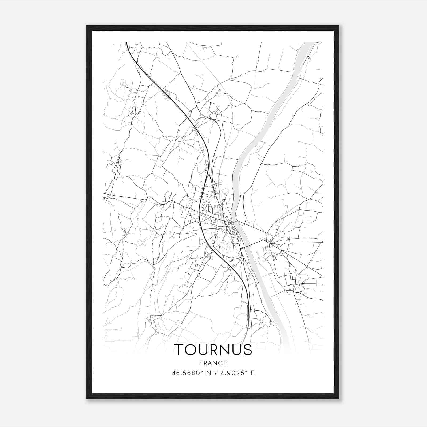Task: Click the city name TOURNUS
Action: click(213, 350)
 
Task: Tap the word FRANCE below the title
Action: click(213, 363)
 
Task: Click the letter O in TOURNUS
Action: click(191, 350)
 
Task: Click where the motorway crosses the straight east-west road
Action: click(199, 212)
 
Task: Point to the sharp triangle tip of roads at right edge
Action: click(322, 276)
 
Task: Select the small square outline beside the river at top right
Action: click(309, 57)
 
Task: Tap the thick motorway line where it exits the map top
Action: click(127, 43)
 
